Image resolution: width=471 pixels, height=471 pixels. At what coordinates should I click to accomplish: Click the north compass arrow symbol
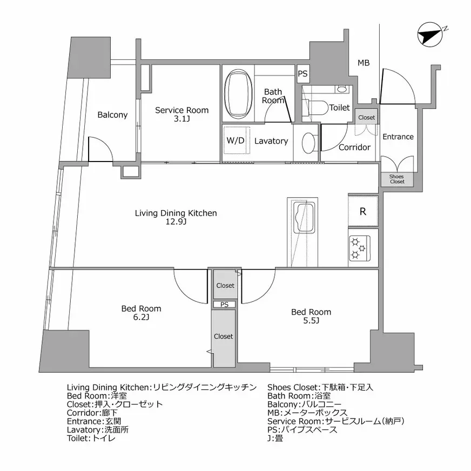(x=430, y=34)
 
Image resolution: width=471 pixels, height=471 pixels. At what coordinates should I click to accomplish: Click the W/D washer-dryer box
(x=237, y=140)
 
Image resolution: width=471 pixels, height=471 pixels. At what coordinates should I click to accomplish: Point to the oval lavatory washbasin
(x=308, y=143)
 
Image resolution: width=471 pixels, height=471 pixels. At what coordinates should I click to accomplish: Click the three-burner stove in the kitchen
(x=360, y=248)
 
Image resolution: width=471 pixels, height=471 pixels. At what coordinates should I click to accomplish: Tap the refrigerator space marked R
(x=363, y=211)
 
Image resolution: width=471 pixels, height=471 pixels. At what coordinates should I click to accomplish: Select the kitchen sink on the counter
(x=304, y=217)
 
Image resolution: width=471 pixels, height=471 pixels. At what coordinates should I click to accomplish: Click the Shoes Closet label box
(x=397, y=179)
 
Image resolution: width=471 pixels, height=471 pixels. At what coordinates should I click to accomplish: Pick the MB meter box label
(x=364, y=63)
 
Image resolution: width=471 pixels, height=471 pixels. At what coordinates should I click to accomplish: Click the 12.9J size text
(x=176, y=222)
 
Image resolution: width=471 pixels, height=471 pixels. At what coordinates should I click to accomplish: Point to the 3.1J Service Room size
(x=181, y=119)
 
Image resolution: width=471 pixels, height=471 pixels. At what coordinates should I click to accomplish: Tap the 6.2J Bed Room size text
(x=141, y=317)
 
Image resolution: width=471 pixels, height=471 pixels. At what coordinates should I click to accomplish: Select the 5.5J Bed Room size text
(x=311, y=321)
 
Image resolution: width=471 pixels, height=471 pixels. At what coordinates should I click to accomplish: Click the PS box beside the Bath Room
(x=303, y=73)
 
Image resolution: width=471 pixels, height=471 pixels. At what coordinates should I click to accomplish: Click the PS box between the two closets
(x=224, y=304)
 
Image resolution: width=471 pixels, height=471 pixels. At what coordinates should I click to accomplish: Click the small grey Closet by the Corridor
(x=366, y=117)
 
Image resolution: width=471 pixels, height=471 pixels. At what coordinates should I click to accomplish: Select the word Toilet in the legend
(x=78, y=438)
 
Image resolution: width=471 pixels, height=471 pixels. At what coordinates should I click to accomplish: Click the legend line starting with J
(x=275, y=438)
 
